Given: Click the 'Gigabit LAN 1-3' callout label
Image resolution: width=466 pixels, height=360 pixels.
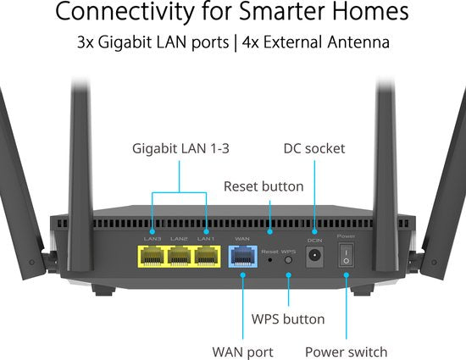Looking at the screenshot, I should coord(181,148).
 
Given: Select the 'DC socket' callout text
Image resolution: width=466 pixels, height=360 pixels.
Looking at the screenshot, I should coord(313,148).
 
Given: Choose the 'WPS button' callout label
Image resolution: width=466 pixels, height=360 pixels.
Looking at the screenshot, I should coord(288,319).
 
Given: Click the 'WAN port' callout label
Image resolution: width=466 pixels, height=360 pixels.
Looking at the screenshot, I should coord(242,352).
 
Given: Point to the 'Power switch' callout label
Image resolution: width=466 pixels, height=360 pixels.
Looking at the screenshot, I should coord(345,352).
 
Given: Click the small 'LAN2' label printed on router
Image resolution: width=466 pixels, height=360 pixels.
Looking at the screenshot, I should coord(179,239).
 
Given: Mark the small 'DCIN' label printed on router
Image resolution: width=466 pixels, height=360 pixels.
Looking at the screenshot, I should coord(315,240).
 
